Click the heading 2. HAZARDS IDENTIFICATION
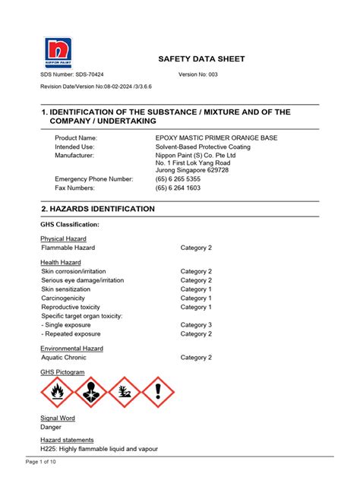[98, 208]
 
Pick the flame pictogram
[57, 393]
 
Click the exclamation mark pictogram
[158, 393]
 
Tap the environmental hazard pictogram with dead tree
[125, 393]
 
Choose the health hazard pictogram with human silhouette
[90, 393]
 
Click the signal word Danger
[51, 428]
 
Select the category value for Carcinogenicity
[196, 298]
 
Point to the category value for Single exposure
[196, 324]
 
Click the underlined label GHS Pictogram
[62, 372]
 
